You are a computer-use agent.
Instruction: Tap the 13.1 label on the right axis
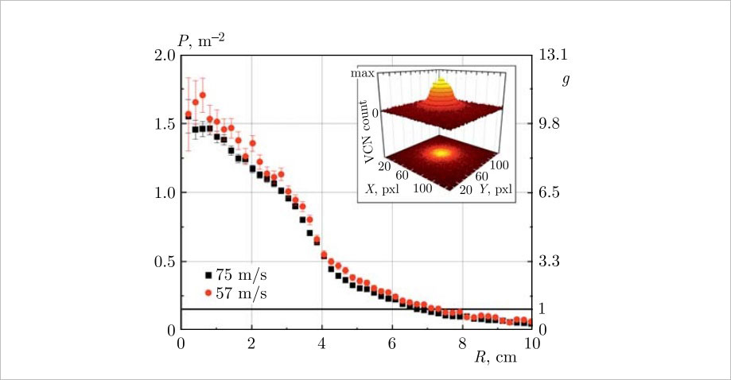pyautogui.click(x=553, y=56)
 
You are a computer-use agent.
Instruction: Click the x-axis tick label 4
pyautogui.click(x=321, y=345)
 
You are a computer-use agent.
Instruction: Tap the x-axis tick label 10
pyautogui.click(x=532, y=345)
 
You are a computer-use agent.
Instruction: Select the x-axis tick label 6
pyautogui.click(x=391, y=345)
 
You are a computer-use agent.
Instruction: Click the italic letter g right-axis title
pyautogui.click(x=566, y=81)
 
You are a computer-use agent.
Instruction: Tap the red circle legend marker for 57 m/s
pyautogui.click(x=208, y=293)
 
